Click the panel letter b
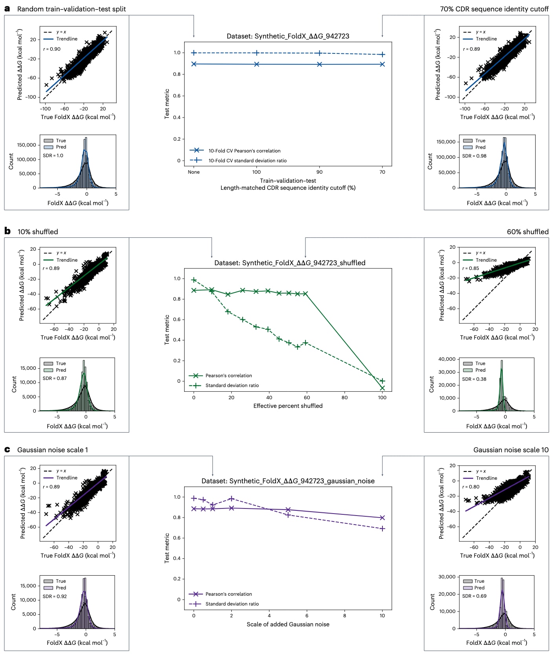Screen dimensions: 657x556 7,231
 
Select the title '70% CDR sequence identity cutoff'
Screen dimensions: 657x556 494,9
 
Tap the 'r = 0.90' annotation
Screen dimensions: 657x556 52,49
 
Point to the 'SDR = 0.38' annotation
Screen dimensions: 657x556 474,379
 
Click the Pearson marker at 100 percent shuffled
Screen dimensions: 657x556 382,388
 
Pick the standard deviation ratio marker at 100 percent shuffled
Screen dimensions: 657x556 382,381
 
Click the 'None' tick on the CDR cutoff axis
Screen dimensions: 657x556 194,172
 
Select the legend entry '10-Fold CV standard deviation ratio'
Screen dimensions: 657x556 247,161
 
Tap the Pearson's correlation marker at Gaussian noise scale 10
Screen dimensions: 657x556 382,518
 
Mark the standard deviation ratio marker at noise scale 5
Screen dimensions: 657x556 288,515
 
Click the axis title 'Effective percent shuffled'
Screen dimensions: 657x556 288,406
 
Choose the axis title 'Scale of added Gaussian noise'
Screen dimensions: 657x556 288,624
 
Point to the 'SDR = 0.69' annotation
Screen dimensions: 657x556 474,596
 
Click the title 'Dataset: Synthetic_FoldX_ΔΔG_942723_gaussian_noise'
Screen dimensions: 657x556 288,481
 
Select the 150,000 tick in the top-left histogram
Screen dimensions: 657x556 27,145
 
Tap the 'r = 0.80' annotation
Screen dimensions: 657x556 471,487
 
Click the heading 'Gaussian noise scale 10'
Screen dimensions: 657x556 510,450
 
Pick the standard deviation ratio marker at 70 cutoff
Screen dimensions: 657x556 382,55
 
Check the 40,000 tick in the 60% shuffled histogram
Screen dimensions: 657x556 446,359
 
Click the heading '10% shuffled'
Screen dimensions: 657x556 38,232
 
